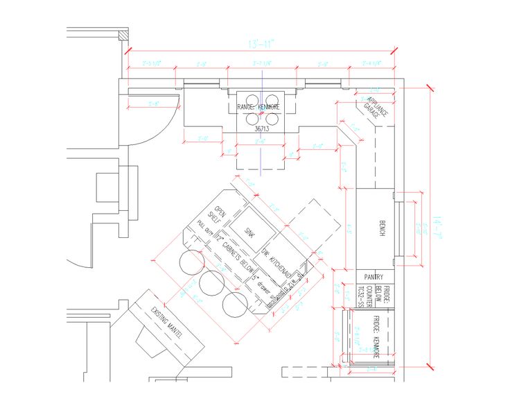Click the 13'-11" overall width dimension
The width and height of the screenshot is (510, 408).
click(261, 44)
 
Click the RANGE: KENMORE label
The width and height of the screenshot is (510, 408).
click(258, 108)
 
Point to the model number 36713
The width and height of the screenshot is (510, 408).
click(261, 128)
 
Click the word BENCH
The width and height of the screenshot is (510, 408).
click(381, 229)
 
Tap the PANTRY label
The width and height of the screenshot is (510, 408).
click(374, 276)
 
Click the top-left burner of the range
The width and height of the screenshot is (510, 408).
click(249, 99)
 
